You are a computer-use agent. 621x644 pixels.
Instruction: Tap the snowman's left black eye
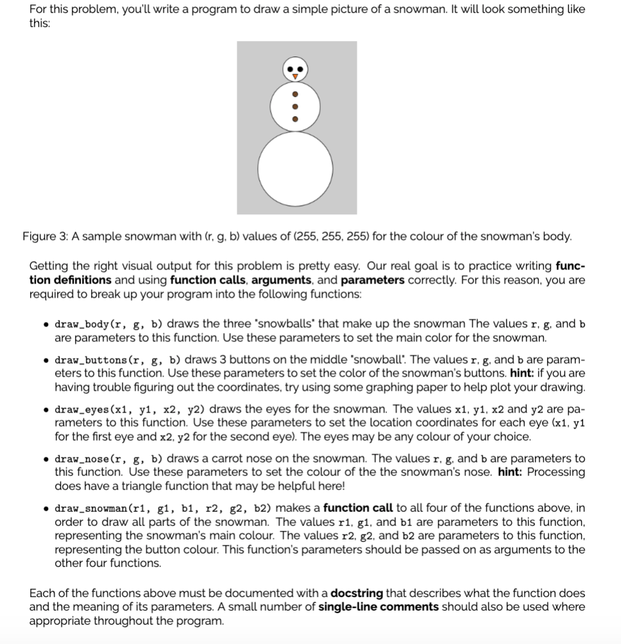[290, 69]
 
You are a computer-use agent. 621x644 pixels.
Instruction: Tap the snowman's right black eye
[300, 69]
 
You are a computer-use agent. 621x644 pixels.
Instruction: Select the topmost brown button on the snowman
[295, 94]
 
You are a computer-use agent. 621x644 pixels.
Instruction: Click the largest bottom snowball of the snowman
[295, 167]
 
